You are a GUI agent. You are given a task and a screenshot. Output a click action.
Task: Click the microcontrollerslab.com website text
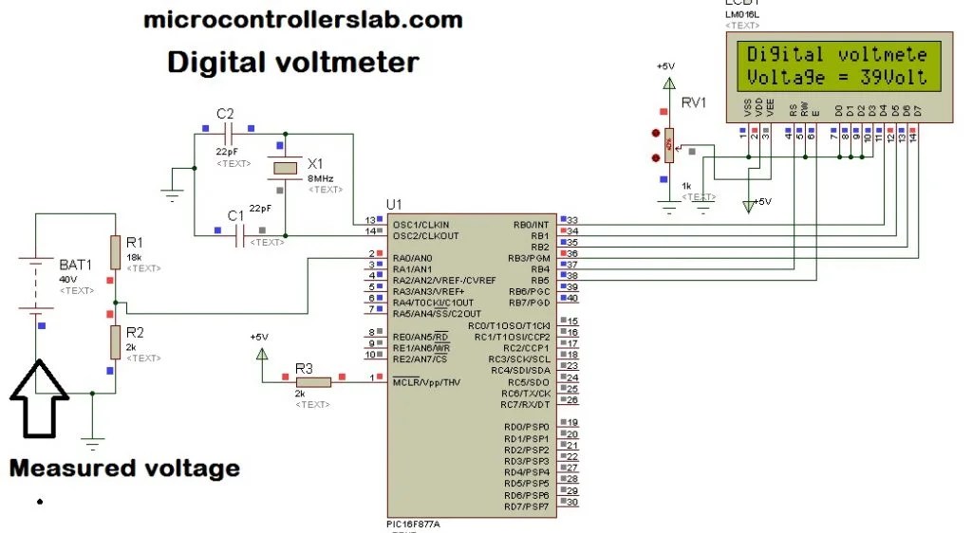coord(303,20)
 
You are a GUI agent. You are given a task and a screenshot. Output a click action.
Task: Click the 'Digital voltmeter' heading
coord(292,63)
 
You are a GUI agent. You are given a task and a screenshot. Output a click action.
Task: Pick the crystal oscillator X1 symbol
coord(285,168)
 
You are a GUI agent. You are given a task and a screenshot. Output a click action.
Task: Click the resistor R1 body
coord(115,252)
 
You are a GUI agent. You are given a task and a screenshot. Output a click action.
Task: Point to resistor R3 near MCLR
coord(312,381)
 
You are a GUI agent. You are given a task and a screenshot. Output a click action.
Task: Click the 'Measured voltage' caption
coord(124,468)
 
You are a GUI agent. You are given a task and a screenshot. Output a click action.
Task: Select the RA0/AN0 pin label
coord(412,257)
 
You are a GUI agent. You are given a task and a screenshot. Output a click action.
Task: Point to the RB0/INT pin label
coord(532,223)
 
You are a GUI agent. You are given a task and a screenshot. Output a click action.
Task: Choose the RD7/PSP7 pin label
coord(526,506)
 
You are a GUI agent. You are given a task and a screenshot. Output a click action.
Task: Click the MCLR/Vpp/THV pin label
coord(426,381)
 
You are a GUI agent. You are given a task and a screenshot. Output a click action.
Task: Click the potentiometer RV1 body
coord(668,144)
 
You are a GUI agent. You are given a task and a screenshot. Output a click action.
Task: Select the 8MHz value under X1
coord(319,178)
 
